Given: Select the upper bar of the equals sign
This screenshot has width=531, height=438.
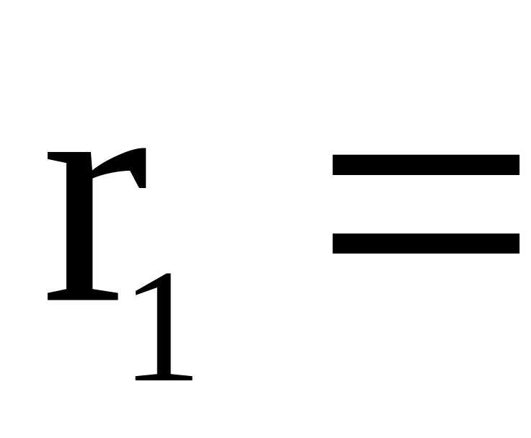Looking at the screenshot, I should click(426, 165).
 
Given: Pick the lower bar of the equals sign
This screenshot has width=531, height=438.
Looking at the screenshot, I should click(426, 243).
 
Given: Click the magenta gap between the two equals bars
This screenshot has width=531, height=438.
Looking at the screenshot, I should click(426, 204).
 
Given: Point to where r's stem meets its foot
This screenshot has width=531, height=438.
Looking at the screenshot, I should click(79, 288).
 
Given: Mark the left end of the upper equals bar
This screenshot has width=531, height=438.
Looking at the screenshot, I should click(335, 165).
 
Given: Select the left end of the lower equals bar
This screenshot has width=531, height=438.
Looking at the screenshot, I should click(335, 243).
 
